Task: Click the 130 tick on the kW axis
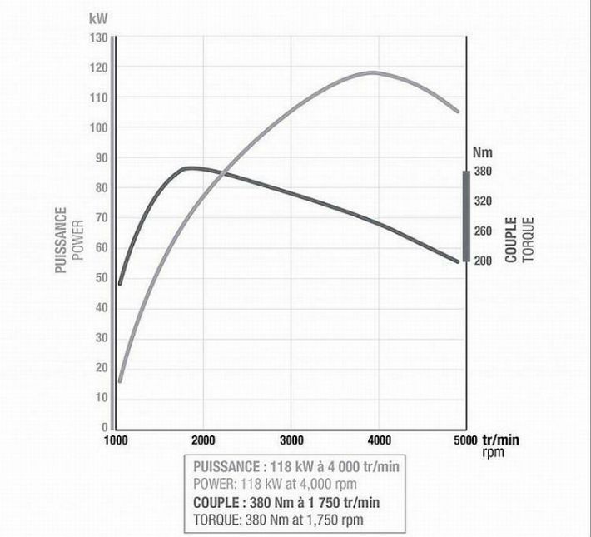click(x=98, y=38)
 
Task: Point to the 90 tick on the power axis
click(x=101, y=158)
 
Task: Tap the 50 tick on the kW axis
click(x=101, y=278)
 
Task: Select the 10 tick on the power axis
click(x=101, y=398)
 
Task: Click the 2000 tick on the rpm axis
click(x=204, y=440)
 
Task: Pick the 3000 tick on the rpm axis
click(x=291, y=440)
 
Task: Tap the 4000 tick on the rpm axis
click(x=379, y=440)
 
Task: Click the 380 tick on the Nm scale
click(x=484, y=172)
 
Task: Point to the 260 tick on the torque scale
click(x=484, y=231)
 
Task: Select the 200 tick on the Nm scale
click(x=484, y=261)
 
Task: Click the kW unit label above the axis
click(x=98, y=17)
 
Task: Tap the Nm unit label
click(x=482, y=153)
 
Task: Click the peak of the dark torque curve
click(x=191, y=167)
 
